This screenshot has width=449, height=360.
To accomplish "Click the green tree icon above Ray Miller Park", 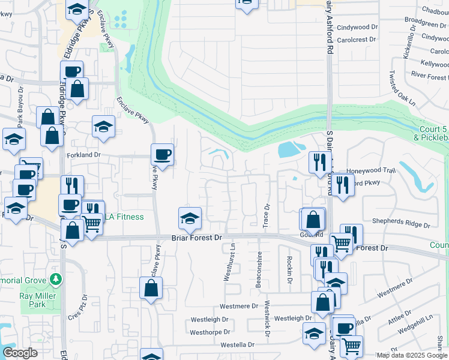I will pyautogui.click(x=56, y=279).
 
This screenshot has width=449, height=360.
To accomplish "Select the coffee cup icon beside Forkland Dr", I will pyautogui.click(x=162, y=155).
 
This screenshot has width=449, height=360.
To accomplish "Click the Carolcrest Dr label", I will pyautogui.click(x=356, y=39).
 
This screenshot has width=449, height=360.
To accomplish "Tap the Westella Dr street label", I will pyautogui.click(x=237, y=345).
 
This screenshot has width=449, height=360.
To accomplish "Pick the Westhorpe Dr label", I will pyautogui.click(x=210, y=332).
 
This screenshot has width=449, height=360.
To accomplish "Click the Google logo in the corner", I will pyautogui.click(x=20, y=353).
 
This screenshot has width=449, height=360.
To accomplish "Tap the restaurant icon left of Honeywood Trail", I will pyautogui.click(x=319, y=161).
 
